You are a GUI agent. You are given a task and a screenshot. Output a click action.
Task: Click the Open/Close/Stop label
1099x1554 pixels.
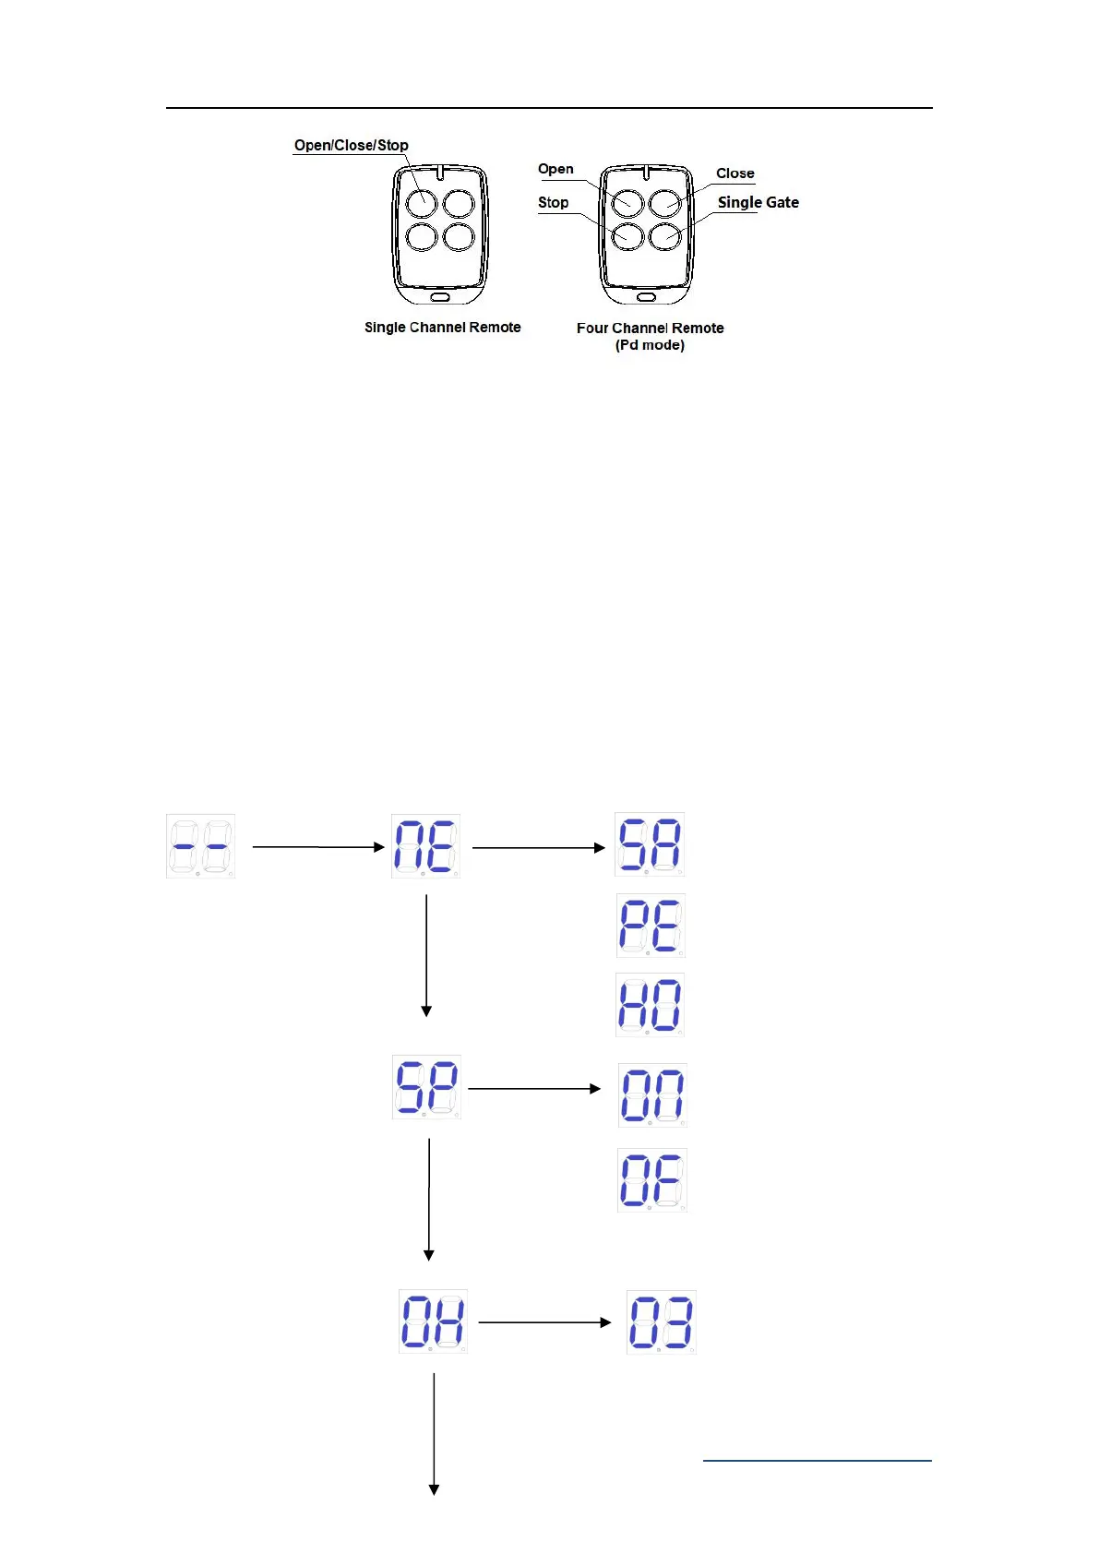(x=351, y=145)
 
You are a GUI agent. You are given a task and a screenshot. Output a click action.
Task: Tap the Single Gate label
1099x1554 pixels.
(x=758, y=202)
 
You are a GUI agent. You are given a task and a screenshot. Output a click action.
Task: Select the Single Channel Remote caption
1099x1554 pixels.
(x=442, y=327)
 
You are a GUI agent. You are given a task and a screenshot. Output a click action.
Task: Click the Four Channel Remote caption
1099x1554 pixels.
(x=650, y=328)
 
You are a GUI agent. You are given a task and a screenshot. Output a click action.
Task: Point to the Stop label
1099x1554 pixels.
(x=553, y=202)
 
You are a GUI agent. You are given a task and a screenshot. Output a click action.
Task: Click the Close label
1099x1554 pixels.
(x=735, y=173)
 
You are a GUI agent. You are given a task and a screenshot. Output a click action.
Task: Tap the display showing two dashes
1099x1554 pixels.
(x=200, y=846)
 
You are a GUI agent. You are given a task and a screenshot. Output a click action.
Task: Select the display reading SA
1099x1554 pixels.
(x=650, y=844)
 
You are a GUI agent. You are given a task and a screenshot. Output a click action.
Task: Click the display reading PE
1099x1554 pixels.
(x=650, y=926)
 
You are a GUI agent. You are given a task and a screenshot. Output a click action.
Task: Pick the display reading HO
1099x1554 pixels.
(x=650, y=1005)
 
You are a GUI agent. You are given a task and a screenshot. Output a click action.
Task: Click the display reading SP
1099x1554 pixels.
(x=426, y=1087)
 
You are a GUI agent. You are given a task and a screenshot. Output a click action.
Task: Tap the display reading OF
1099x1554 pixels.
(x=651, y=1180)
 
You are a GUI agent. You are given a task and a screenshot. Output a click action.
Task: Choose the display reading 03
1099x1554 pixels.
(x=661, y=1322)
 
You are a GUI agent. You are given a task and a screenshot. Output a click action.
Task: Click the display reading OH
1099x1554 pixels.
(x=433, y=1321)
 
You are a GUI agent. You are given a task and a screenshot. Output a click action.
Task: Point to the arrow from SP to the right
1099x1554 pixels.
(x=534, y=1089)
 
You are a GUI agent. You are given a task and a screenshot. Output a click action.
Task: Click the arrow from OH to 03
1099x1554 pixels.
(x=544, y=1322)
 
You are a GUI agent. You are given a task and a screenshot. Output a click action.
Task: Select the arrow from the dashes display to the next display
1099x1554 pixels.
(x=317, y=846)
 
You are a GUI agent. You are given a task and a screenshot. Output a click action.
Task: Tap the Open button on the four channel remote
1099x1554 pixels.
(x=627, y=202)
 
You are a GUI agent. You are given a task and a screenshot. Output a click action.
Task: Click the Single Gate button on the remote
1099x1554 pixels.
(x=665, y=237)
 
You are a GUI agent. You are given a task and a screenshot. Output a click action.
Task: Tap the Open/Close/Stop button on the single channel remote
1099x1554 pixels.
(x=422, y=202)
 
